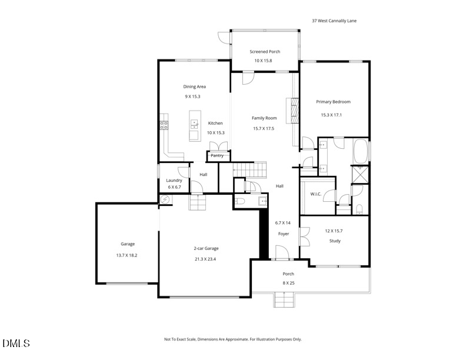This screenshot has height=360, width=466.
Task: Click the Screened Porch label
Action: pos(265,52)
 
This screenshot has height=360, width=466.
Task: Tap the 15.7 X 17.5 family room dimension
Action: pos(264,129)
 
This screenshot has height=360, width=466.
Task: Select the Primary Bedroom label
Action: pos(333,102)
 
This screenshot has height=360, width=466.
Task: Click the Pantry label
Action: pos(217,156)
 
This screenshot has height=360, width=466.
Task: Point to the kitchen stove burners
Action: pos(164,125)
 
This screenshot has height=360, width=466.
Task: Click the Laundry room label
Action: pos(174,181)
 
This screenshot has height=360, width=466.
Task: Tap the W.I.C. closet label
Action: pos(315,194)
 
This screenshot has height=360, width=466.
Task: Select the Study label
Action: pos(335,241)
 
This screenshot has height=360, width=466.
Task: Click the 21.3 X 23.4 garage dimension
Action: pos(205,259)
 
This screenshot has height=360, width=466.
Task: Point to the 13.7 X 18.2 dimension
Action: pos(127,255)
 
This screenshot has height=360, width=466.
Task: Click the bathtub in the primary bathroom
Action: pos(361,151)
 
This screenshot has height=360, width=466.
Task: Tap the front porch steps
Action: pos(285,299)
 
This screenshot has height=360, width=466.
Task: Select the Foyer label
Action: pos(284,234)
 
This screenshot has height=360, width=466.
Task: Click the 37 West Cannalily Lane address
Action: pos(334,21)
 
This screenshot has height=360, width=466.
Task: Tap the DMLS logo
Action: pos(16,344)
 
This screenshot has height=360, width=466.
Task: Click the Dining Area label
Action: pos(194,86)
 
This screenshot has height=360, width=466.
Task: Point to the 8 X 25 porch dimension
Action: pos(288,283)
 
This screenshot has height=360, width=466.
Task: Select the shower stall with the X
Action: pos(360,174)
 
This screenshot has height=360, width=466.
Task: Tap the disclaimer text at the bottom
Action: pos(233,339)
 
